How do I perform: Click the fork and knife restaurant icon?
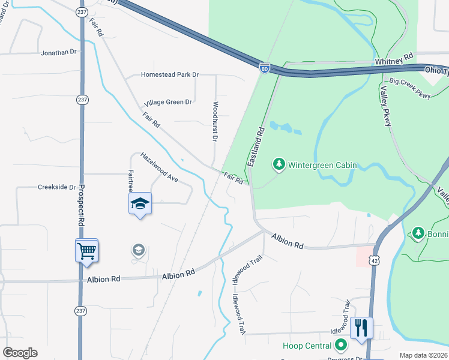361,328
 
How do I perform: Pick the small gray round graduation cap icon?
139,250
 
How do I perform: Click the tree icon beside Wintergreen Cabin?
279,164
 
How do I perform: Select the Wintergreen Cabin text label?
322,164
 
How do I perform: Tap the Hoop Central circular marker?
341,345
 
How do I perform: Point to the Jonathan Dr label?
59,53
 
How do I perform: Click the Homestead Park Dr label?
169,74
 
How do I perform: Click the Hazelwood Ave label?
160,167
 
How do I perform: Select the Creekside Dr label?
57,187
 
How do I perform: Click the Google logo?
20,353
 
